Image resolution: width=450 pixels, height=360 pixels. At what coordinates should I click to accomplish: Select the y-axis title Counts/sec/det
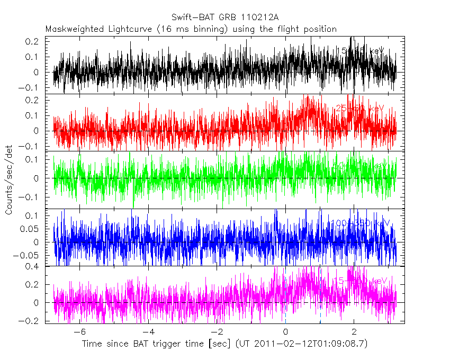click(9, 181)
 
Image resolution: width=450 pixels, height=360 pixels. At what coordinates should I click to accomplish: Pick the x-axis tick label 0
click(286, 332)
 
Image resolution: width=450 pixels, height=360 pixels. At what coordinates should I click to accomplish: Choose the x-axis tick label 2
click(354, 332)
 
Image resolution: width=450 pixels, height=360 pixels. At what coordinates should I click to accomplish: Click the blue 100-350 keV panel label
click(360, 223)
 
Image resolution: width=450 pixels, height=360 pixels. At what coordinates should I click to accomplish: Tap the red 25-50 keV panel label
click(360, 109)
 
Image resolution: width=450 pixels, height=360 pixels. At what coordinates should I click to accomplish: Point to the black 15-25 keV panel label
click(360, 51)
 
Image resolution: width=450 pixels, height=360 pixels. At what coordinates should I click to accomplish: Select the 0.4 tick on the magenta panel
click(33, 266)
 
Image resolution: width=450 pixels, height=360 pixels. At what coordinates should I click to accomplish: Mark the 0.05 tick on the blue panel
click(31, 229)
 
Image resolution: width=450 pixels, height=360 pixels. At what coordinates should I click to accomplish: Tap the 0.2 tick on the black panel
click(33, 41)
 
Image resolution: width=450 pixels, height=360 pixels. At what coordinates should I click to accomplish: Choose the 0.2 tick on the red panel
click(33, 100)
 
